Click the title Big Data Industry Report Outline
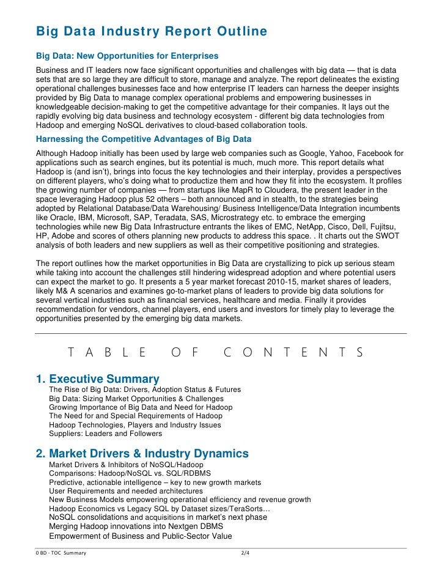tap(152, 31)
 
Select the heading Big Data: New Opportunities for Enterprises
tap(127, 56)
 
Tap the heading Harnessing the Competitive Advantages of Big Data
tap(144, 139)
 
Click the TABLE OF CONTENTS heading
tap(215, 352)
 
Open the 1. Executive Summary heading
tap(98, 379)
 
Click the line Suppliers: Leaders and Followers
tap(105, 434)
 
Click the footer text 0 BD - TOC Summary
tap(61, 553)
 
